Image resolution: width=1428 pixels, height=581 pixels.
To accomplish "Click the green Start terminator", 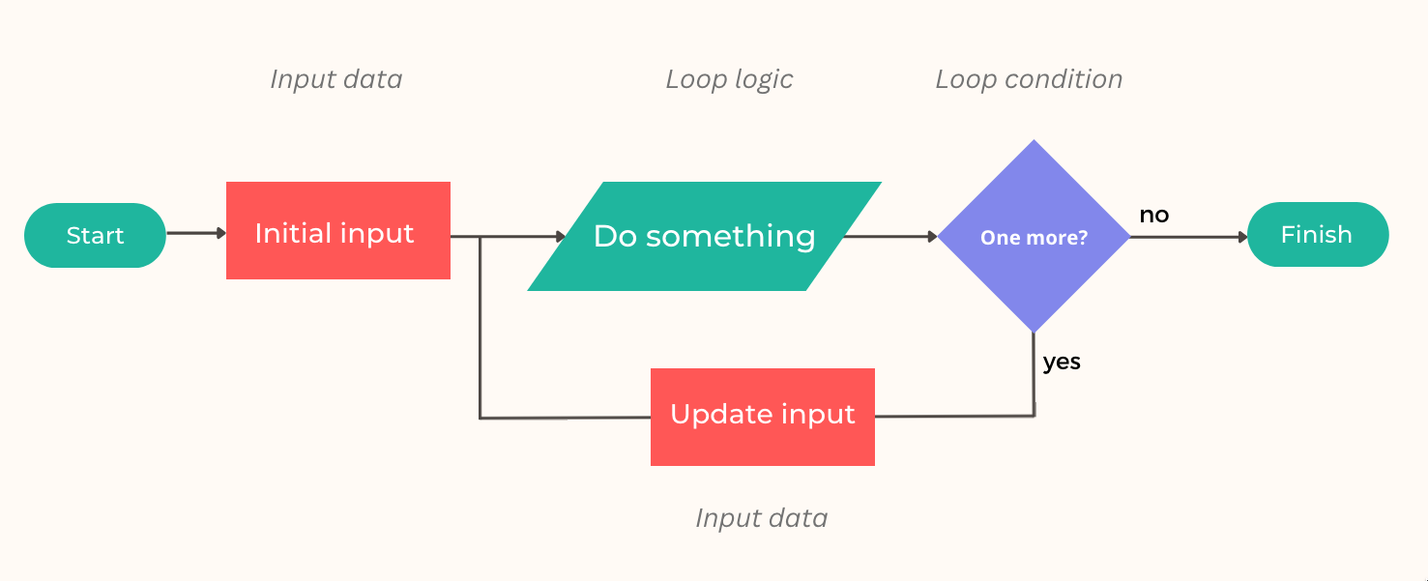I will pyautogui.click(x=95, y=235).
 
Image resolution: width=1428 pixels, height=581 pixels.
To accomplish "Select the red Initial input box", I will pyautogui.click(x=337, y=231).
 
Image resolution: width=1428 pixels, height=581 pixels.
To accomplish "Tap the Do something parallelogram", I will pyautogui.click(x=704, y=236).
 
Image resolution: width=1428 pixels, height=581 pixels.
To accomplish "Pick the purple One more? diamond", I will pyautogui.click(x=1034, y=237).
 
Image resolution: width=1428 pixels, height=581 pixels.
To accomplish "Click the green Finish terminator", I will pyautogui.click(x=1317, y=234).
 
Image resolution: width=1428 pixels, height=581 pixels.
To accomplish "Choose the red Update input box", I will pyautogui.click(x=762, y=417).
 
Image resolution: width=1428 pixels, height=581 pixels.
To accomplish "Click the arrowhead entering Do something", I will pyautogui.click(x=560, y=236).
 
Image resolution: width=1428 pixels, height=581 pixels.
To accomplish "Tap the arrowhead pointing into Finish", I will pyautogui.click(x=1242, y=236).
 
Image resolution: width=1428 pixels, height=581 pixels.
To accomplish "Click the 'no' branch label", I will pyautogui.click(x=1153, y=215).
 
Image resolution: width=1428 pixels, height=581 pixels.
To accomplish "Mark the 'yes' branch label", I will pyautogui.click(x=1062, y=362).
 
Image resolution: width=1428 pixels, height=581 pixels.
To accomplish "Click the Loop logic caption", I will pyautogui.click(x=729, y=79).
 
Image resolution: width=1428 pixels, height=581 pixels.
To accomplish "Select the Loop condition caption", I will pyautogui.click(x=1029, y=79).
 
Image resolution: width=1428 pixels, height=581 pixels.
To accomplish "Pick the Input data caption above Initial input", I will pyautogui.click(x=335, y=79).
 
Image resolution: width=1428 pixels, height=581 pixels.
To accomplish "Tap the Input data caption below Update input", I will pyautogui.click(x=761, y=518).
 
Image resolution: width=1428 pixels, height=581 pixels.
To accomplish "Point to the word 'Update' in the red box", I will pyautogui.click(x=714, y=414).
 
